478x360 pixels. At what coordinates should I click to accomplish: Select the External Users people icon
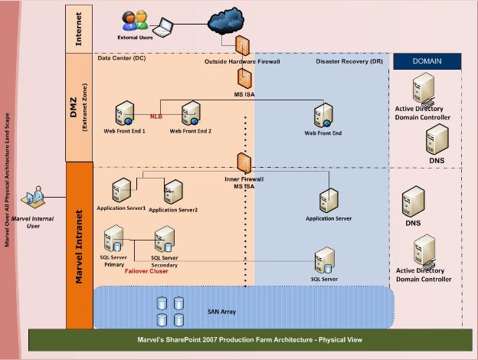point(135,21)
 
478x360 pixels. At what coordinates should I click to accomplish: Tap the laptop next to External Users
point(163,28)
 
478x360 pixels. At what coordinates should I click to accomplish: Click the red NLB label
point(156,116)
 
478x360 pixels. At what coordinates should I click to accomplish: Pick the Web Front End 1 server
point(125,113)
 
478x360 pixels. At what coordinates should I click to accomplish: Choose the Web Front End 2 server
point(191,113)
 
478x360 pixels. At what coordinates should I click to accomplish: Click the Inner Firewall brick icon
point(244,163)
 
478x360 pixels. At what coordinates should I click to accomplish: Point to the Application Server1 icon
point(121,190)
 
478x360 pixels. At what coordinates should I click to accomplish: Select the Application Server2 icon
point(173,191)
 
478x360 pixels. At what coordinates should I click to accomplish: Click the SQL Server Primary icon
point(113,238)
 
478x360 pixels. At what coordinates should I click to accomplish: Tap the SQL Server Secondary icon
point(165,239)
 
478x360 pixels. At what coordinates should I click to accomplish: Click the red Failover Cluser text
point(146,271)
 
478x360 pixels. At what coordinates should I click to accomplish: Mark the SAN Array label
point(221,312)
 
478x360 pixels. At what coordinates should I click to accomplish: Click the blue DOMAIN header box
point(427,61)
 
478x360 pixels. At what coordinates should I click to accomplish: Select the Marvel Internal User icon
point(33,197)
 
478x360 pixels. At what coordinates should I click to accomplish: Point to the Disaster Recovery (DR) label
point(349,61)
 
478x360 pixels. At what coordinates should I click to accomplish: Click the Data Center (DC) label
point(122,58)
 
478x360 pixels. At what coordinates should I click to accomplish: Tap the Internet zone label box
point(79,29)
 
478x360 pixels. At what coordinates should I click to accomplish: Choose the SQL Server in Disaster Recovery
point(325,260)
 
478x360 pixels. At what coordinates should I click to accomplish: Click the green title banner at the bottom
point(250,340)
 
